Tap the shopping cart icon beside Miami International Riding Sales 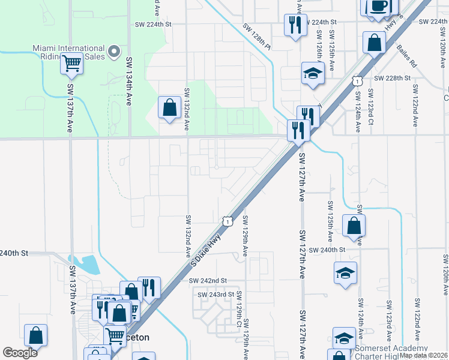click(x=71, y=62)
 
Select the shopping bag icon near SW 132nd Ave click(x=170, y=107)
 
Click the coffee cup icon click(x=378, y=7)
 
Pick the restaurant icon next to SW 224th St click(x=295, y=25)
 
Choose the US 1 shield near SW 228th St click(x=357, y=80)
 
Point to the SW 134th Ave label click(x=128, y=81)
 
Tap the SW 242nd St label click(x=208, y=280)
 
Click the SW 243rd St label click(x=215, y=294)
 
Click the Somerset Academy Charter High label click(x=391, y=352)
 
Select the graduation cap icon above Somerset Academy click(x=344, y=338)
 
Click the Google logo click(x=20, y=352)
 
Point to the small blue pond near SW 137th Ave click(x=88, y=264)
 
